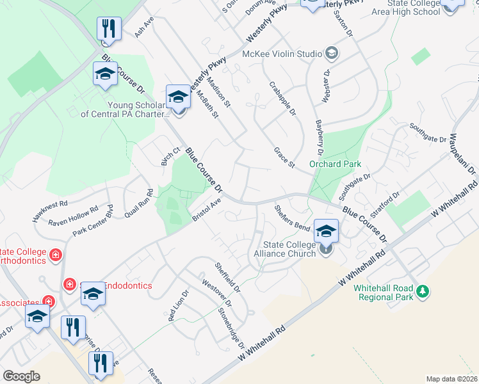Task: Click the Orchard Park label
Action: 336,164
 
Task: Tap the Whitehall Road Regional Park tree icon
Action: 422,292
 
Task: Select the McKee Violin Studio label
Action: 281,53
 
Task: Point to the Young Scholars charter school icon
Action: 179,98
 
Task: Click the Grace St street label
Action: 284,157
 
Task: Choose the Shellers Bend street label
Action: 292,218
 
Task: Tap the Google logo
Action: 21,376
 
